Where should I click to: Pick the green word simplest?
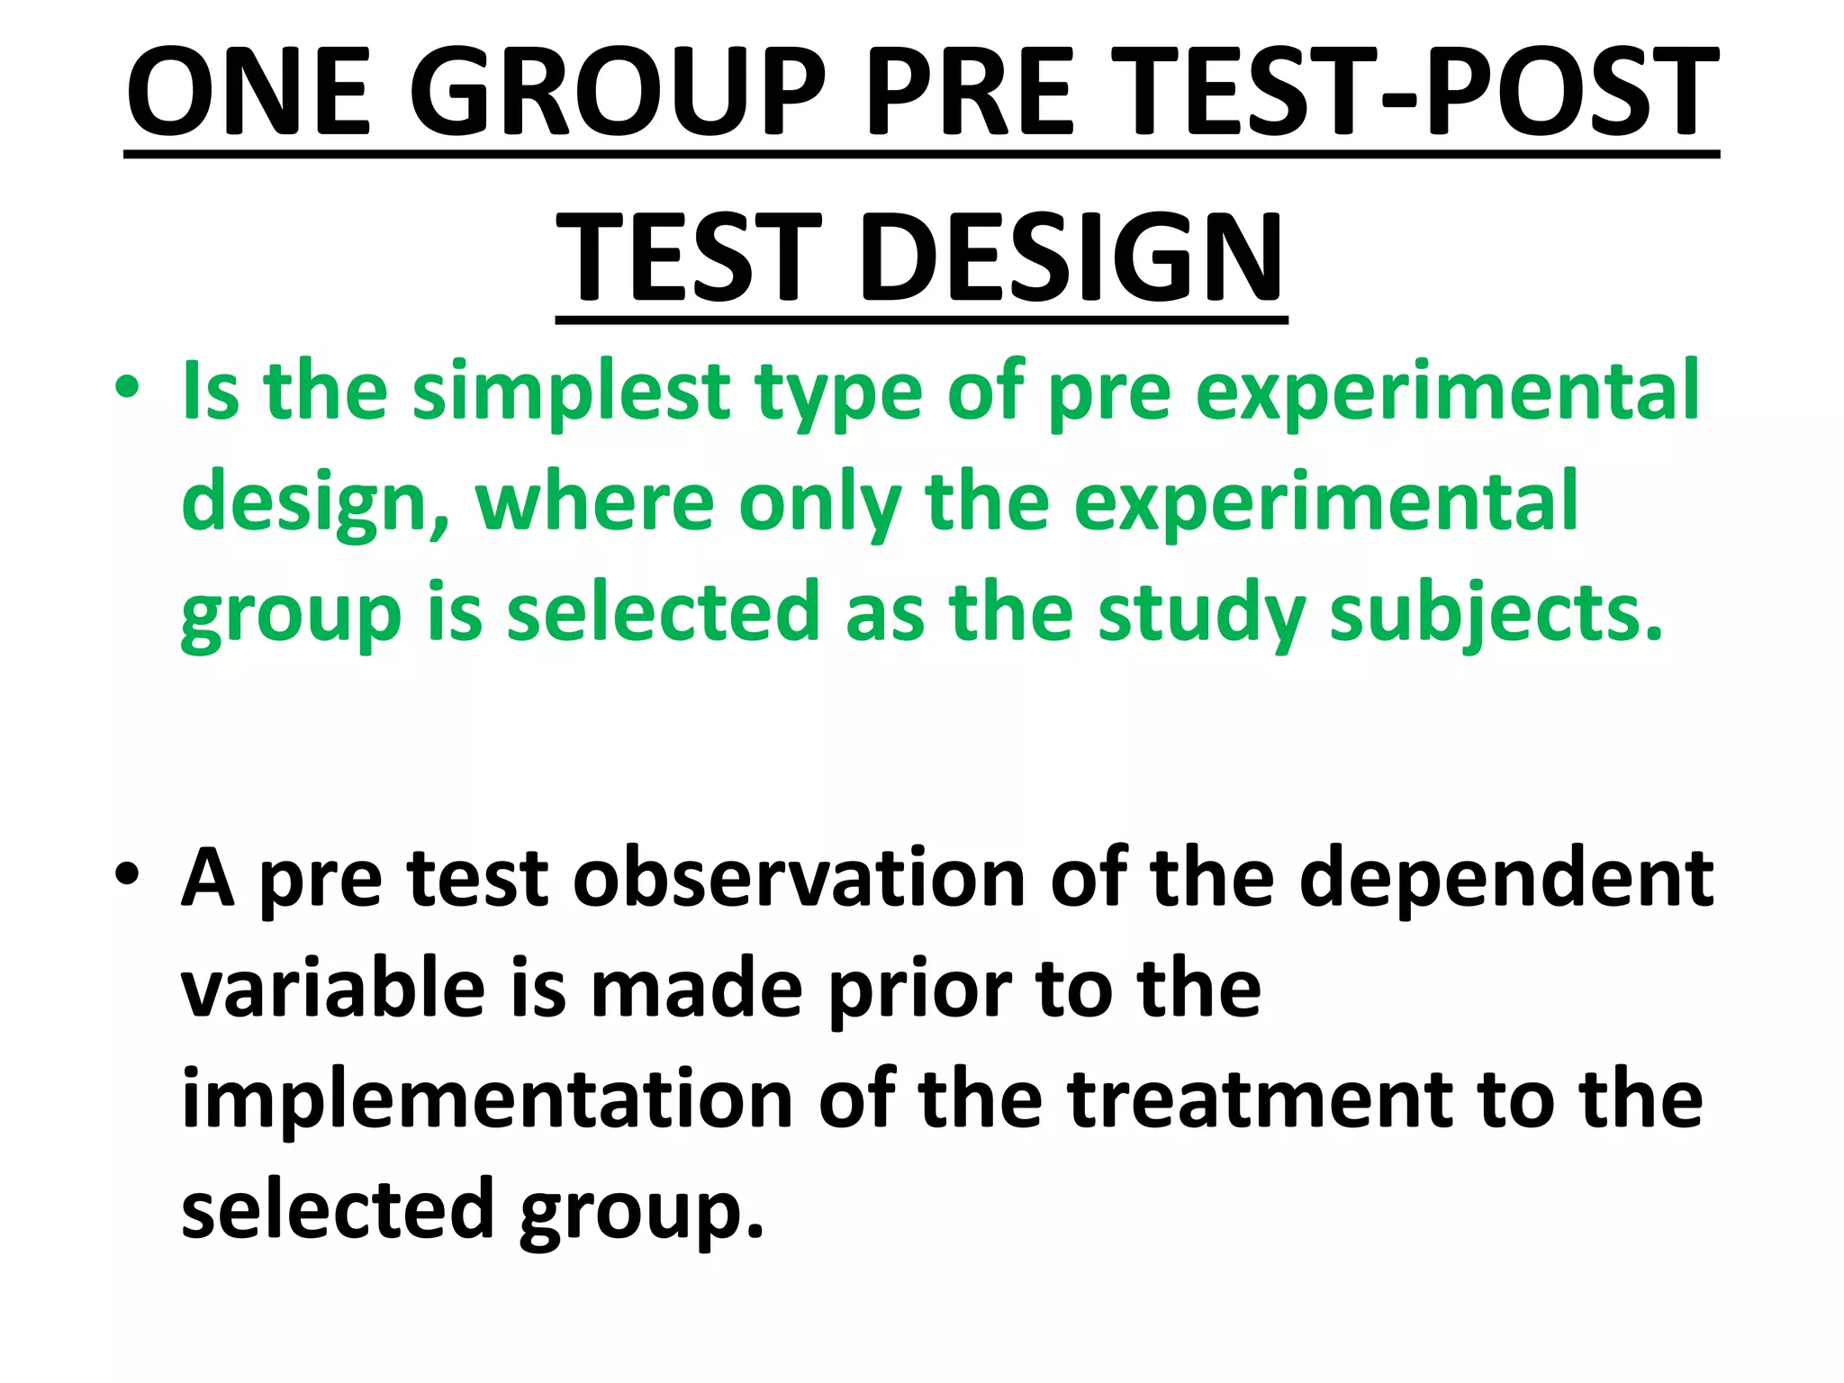click(x=571, y=393)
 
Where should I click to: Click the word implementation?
click(x=487, y=1100)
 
